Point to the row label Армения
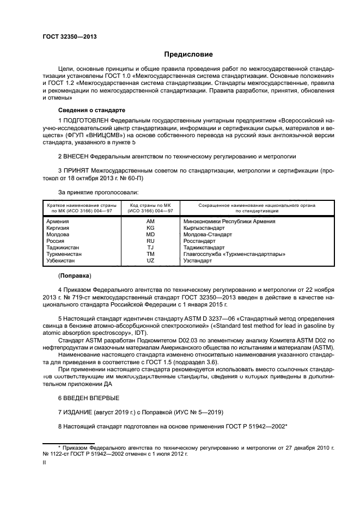58,222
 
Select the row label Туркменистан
64,254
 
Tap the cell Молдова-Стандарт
208,235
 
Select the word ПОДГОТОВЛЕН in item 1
86,119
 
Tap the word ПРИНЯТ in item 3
76,171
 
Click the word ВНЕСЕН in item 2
77,156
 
